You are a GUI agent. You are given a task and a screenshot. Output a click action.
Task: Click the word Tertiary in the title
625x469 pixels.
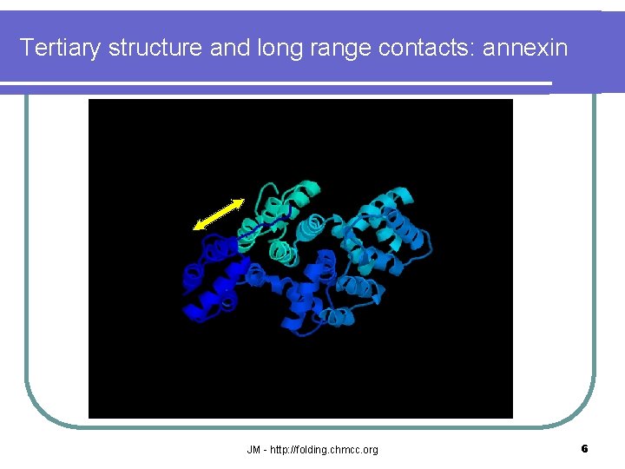pos(61,48)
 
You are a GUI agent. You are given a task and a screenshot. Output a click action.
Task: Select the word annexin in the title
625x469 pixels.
pos(525,48)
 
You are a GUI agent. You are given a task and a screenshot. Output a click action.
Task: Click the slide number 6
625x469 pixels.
pos(584,449)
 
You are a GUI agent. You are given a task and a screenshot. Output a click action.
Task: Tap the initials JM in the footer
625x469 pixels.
pos(253,450)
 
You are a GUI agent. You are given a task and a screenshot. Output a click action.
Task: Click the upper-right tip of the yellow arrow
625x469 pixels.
pos(242,201)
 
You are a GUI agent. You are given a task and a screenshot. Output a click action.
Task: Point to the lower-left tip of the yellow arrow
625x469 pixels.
pos(194,228)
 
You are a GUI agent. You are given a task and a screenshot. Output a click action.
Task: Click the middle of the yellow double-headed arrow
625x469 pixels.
pos(218,215)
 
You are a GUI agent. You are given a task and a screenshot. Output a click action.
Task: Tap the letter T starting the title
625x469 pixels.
pos(26,48)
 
